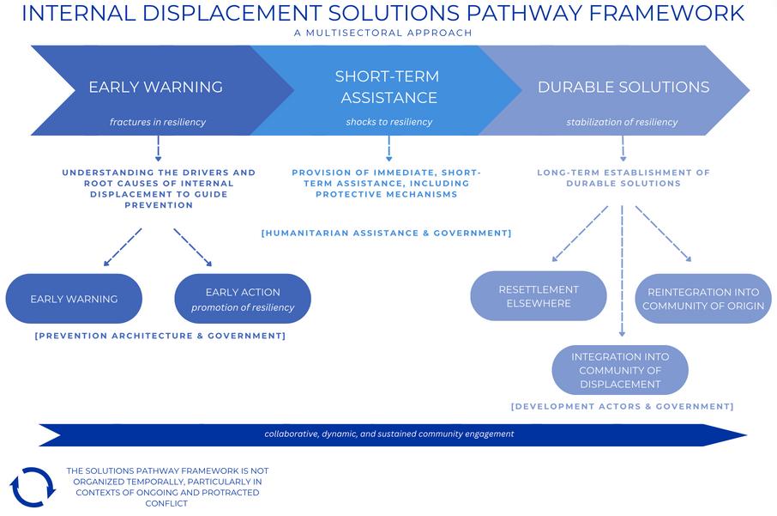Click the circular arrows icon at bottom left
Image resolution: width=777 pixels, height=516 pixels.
(x=33, y=487)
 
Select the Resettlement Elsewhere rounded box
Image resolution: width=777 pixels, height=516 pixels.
(x=539, y=296)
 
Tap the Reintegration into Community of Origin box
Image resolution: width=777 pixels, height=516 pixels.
(x=703, y=299)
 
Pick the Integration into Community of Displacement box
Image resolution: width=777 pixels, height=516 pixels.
(x=620, y=370)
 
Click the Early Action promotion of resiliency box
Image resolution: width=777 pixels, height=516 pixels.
(x=243, y=299)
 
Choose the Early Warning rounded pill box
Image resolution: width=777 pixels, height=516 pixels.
(x=74, y=299)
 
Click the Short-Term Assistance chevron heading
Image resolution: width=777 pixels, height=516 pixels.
(x=386, y=87)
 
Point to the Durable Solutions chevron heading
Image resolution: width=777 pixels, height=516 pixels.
(x=623, y=87)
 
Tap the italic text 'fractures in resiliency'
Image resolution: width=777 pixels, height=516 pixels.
(x=158, y=122)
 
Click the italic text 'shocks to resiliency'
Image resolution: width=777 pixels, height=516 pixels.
(x=389, y=122)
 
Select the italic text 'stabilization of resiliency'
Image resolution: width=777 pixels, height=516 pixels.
(x=622, y=122)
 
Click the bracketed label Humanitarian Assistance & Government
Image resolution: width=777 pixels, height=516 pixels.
(x=386, y=233)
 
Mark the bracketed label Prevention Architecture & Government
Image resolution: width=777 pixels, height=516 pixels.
(x=160, y=336)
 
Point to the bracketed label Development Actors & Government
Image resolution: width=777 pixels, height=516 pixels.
(x=622, y=406)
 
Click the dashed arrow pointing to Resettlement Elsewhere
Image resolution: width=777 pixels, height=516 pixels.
(x=580, y=233)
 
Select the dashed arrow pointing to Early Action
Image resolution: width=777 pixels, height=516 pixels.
(x=193, y=247)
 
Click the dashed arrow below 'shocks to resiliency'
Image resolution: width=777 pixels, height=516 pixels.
(x=389, y=148)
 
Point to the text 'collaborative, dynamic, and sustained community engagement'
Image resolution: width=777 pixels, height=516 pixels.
(x=388, y=434)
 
